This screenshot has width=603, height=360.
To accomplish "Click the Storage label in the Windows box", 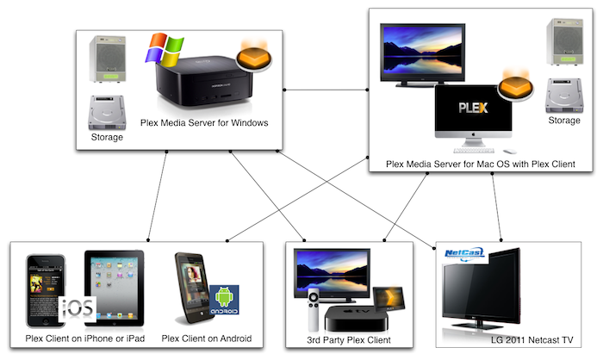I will pyautogui.click(x=108, y=137).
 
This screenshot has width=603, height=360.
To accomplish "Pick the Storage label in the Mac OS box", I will pyautogui.click(x=564, y=121).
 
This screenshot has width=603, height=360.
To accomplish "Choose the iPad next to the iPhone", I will pyautogui.click(x=114, y=282).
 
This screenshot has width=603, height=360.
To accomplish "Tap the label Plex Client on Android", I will pyautogui.click(x=207, y=338).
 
